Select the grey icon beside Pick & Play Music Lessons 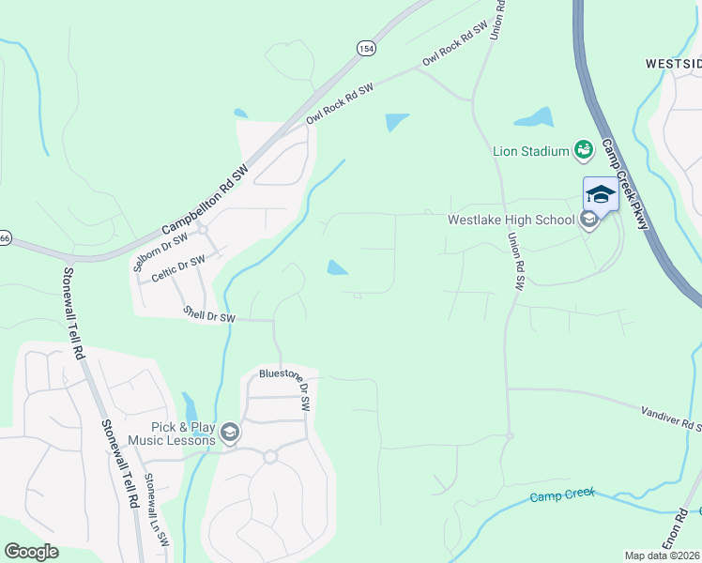(230, 433)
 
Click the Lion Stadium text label (531, 151)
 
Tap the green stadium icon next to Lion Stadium (584, 149)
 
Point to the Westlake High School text (511, 221)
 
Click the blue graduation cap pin (601, 194)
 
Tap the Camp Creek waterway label (562, 495)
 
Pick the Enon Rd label (676, 535)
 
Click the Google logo (31, 552)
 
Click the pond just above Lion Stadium (534, 117)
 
